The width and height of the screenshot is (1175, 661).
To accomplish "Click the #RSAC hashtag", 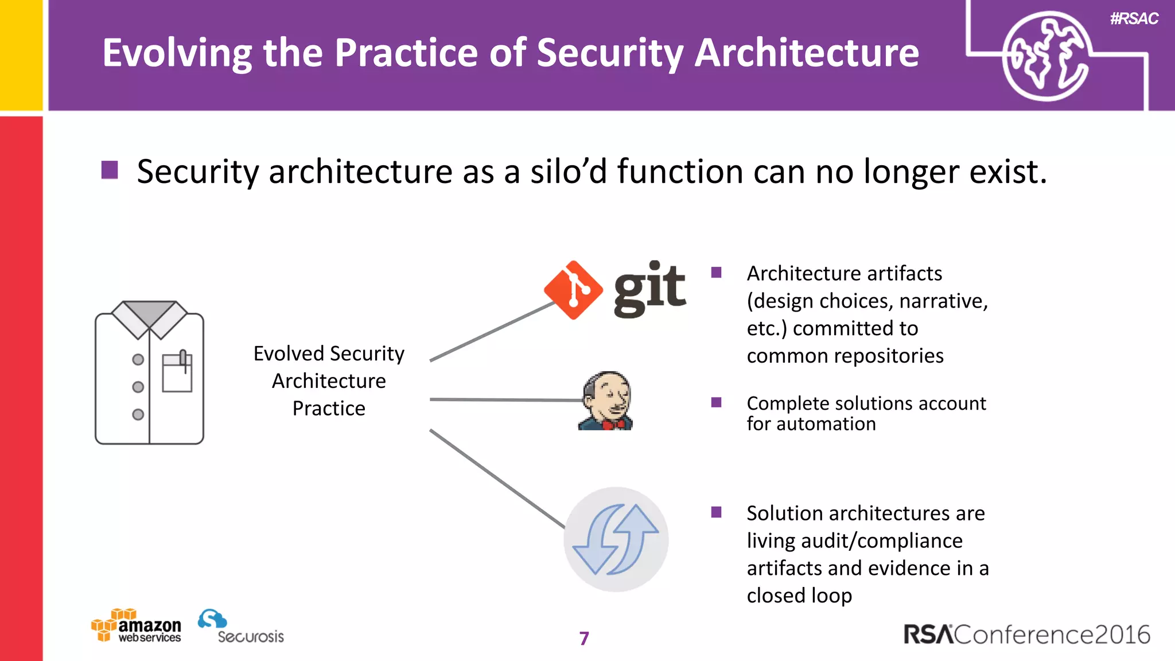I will coord(1134,19).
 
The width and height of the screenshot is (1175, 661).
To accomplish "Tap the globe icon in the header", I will coord(1045,57).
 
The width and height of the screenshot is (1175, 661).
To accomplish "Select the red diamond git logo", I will coord(573,290).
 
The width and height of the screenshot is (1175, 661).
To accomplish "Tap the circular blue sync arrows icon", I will coord(616,539).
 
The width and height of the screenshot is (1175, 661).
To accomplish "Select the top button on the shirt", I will coord(138,360).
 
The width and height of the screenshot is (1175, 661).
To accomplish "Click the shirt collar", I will coord(149,317).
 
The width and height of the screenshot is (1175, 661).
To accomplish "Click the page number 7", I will coord(584,638).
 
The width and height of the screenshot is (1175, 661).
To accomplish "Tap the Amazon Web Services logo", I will coord(137,626).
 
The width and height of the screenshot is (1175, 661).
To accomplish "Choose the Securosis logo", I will coord(240,627).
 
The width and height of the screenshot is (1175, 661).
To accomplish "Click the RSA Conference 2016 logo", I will coord(1026,635).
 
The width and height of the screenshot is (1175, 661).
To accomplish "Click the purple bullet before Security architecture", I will coord(110,170).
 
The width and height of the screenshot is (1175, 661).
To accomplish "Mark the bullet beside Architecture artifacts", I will coord(716,273).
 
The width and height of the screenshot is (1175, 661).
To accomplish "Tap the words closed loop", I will coord(799,596).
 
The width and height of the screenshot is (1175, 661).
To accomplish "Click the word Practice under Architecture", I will coord(329,409).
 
